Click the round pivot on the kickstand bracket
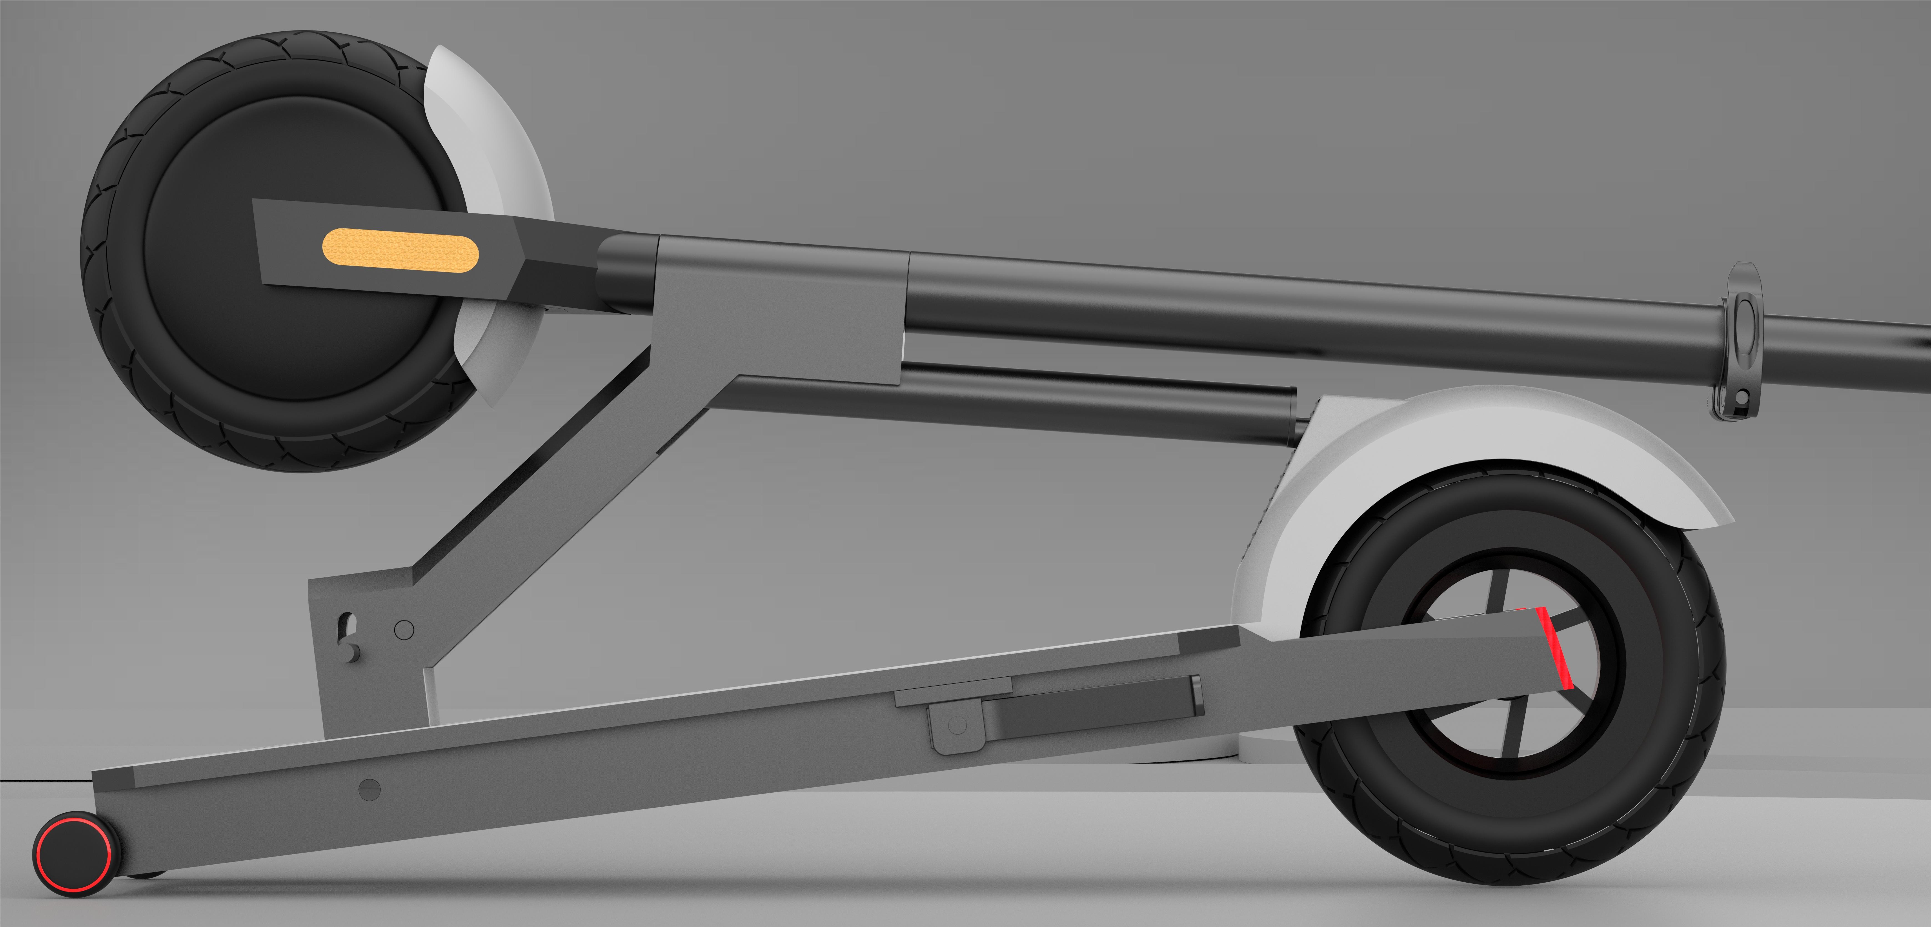click(x=957, y=725)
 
